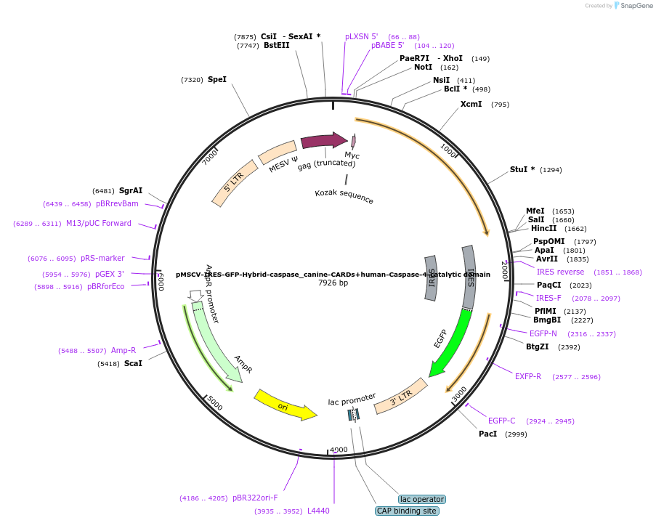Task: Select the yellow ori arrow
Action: (x=285, y=405)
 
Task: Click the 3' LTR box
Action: (x=400, y=396)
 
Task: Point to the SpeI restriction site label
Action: (x=217, y=79)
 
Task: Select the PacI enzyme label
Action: (x=487, y=434)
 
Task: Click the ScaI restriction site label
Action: (x=133, y=363)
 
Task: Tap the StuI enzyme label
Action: (x=522, y=169)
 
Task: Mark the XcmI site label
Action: (x=471, y=104)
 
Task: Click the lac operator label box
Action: (x=422, y=499)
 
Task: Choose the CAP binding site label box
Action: (x=407, y=511)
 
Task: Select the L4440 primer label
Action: (x=318, y=511)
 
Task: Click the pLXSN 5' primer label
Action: (x=362, y=36)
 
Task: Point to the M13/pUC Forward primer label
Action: (x=99, y=223)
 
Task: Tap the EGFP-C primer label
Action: (x=501, y=421)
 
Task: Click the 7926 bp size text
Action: (x=333, y=283)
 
